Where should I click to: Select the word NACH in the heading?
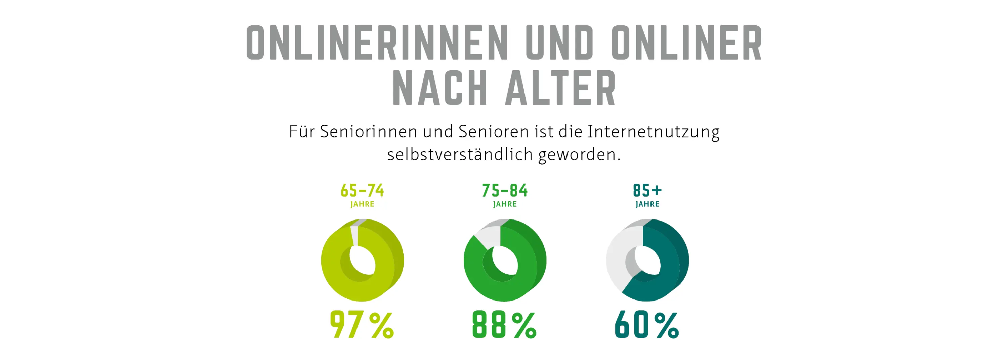[440, 88]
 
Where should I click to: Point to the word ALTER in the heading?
[560, 88]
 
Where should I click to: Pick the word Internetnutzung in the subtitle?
[653, 131]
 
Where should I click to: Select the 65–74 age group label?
[362, 191]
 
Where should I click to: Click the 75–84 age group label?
[505, 191]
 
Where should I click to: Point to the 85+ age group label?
[647, 191]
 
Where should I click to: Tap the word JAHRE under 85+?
[647, 204]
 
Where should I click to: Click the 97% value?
[362, 324]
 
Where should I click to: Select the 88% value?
[504, 324]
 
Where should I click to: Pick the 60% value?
[647, 324]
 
